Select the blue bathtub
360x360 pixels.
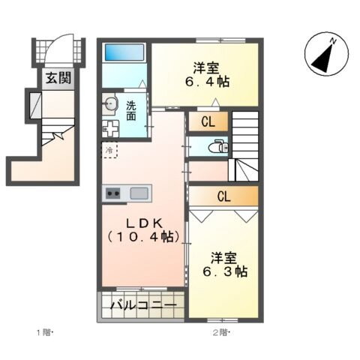coord(124,52)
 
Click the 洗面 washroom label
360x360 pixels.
coord(131,111)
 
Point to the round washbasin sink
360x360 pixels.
coord(111,104)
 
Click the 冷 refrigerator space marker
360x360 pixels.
coord(109,151)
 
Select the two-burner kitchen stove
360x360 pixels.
coord(113,193)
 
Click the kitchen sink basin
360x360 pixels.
coord(139,193)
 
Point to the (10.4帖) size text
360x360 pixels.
coord(142,237)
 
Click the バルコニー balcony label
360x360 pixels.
coord(143,307)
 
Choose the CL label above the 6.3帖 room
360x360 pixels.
coord(223,196)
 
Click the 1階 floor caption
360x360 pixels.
coord(44,332)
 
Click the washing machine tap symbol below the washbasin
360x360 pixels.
coord(111,128)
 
